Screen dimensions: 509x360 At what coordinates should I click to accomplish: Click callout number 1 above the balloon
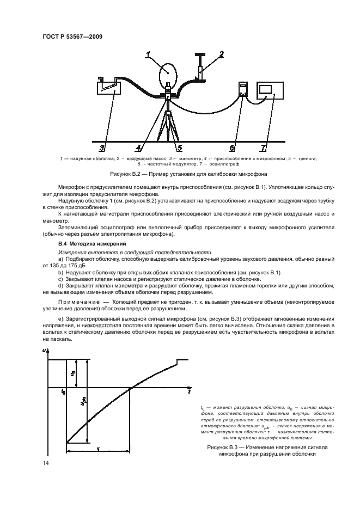pyautogui.click(x=148, y=54)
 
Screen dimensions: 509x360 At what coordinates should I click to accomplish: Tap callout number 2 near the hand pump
pyautogui.click(x=222, y=54)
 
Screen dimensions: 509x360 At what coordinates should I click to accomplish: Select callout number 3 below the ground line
pyautogui.click(x=102, y=148)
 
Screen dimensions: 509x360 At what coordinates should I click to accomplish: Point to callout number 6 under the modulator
pyautogui.click(x=232, y=148)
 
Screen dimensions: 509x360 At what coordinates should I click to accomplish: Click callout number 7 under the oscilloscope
pyautogui.click(x=264, y=148)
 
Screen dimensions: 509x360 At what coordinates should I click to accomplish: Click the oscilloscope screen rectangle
pyautogui.click(x=266, y=90)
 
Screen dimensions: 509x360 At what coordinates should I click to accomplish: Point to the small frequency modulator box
pyautogui.click(x=243, y=91)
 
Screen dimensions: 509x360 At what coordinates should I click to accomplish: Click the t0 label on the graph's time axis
pyautogui.click(x=63, y=391)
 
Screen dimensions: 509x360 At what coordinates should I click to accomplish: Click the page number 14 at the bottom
pyautogui.click(x=45, y=462)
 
